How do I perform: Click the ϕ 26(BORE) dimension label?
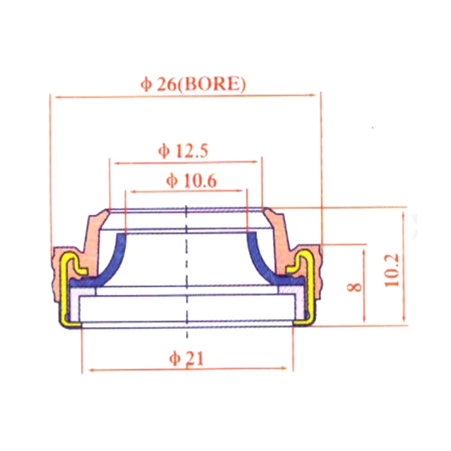[x=193, y=85]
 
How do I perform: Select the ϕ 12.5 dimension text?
[x=183, y=151]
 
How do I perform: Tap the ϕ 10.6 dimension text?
[x=191, y=181]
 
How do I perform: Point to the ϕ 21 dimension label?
[x=186, y=359]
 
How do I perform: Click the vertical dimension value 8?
[x=356, y=286]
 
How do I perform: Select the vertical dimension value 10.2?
[x=392, y=270]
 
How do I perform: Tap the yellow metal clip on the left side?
[x=66, y=289]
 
